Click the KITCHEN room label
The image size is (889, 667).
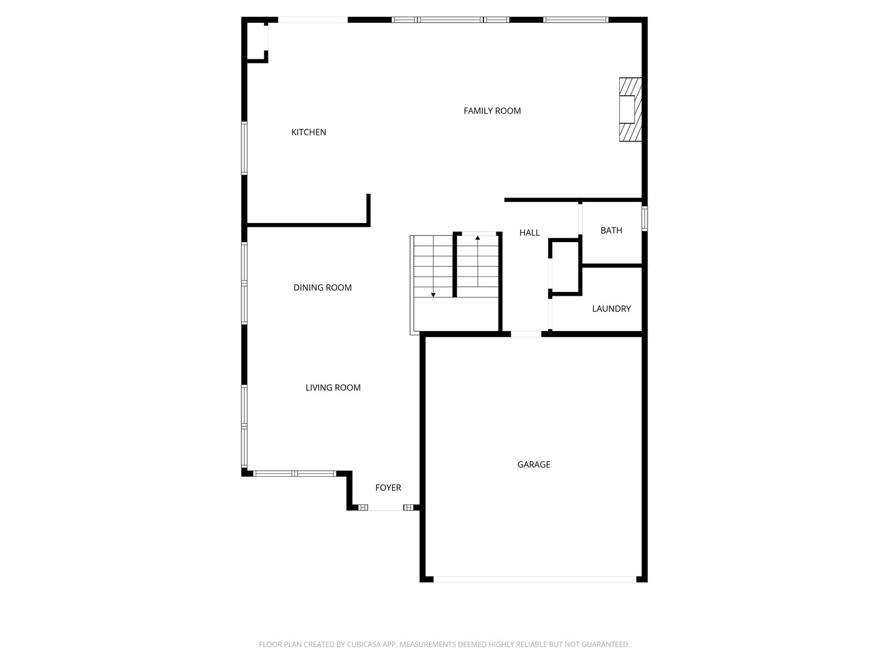pyautogui.click(x=308, y=132)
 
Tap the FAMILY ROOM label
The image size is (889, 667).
pyautogui.click(x=491, y=111)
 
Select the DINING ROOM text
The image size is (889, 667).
pyautogui.click(x=322, y=288)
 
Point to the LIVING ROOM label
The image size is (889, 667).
pyautogui.click(x=333, y=388)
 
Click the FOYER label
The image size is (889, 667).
pyautogui.click(x=388, y=488)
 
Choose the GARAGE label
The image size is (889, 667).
pyautogui.click(x=533, y=464)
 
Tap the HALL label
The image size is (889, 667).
pyautogui.click(x=529, y=232)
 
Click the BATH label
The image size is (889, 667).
pyautogui.click(x=611, y=230)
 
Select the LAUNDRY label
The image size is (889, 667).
pyautogui.click(x=611, y=309)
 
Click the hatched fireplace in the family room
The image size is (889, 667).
pyautogui.click(x=630, y=109)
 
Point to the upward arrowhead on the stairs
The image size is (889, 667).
pyautogui.click(x=477, y=238)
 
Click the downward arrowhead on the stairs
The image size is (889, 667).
pyautogui.click(x=433, y=295)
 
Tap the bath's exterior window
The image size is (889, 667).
pyautogui.click(x=645, y=219)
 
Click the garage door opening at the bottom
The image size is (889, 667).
pyautogui.click(x=535, y=579)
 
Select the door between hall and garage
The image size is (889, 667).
pyautogui.click(x=526, y=334)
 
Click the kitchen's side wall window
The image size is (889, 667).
pyautogui.click(x=244, y=148)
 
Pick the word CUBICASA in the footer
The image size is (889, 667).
pyautogui.click(x=362, y=644)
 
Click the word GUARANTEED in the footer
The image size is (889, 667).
pyautogui.click(x=606, y=644)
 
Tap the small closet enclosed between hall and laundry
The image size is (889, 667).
pyautogui.click(x=566, y=267)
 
